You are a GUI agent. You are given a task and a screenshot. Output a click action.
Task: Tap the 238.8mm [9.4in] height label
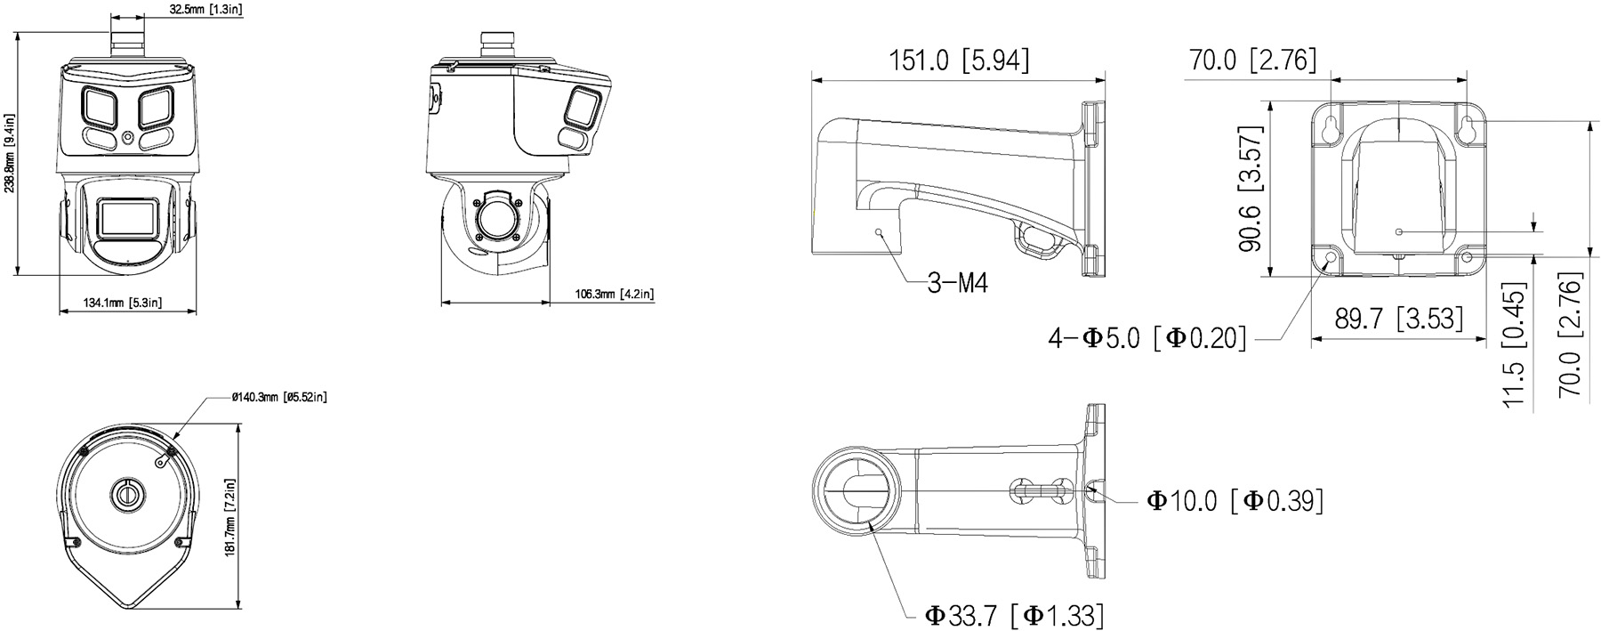click(10, 151)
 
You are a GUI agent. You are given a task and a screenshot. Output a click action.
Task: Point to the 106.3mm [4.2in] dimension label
click(615, 294)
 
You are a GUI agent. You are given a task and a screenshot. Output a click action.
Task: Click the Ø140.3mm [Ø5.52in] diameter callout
click(278, 397)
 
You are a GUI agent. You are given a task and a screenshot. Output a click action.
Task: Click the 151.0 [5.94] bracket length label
click(960, 61)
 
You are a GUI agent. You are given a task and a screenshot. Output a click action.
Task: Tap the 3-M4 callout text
click(957, 283)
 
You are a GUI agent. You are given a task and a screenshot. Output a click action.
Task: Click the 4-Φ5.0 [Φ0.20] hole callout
click(1147, 338)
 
